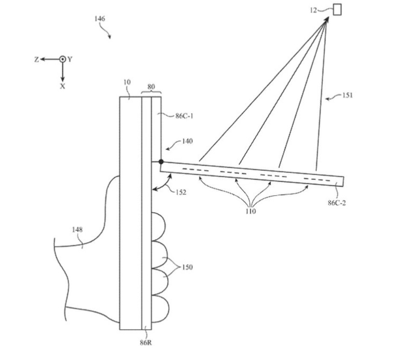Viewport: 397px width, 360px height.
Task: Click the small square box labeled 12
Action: pyautogui.click(x=337, y=10)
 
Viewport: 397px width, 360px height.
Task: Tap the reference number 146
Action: pyautogui.click(x=100, y=19)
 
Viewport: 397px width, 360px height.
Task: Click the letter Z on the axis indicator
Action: pyautogui.click(x=37, y=59)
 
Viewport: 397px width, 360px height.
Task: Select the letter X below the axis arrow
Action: pyautogui.click(x=62, y=86)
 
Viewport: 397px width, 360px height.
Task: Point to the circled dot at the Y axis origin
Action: pyautogui.click(x=62, y=59)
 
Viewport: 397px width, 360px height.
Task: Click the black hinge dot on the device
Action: pyautogui.click(x=161, y=161)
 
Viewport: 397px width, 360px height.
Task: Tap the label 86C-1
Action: pyautogui.click(x=184, y=116)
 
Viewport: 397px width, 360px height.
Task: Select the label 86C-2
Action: pyautogui.click(x=337, y=203)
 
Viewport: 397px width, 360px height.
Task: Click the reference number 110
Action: pyautogui.click(x=251, y=211)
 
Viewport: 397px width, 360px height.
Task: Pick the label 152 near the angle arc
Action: pyautogui.click(x=181, y=193)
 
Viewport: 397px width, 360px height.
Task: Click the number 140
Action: pyautogui.click(x=187, y=141)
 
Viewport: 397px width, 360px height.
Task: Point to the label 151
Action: pyautogui.click(x=347, y=95)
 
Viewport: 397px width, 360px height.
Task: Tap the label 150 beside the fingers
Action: pyautogui.click(x=187, y=267)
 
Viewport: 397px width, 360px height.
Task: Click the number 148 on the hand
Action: pyautogui.click(x=77, y=230)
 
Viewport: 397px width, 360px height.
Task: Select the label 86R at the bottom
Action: pyautogui.click(x=146, y=343)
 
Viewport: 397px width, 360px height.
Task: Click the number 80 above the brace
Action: pyautogui.click(x=151, y=87)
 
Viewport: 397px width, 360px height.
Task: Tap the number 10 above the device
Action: pyautogui.click(x=127, y=82)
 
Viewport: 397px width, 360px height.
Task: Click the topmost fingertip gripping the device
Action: pyautogui.click(x=159, y=226)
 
